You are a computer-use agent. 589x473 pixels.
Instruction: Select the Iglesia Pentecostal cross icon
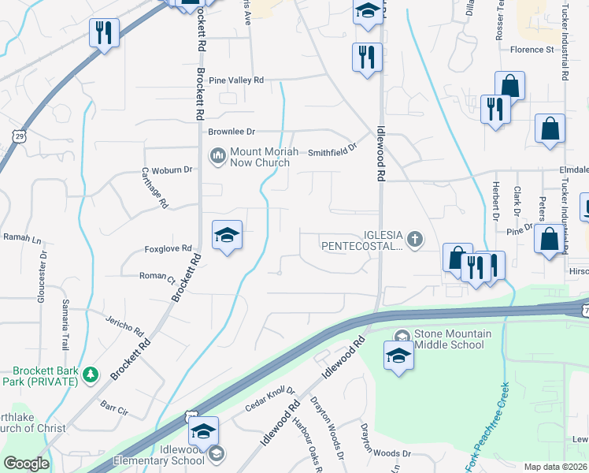coord(416,238)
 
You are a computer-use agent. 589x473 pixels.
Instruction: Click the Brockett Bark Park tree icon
coord(91,372)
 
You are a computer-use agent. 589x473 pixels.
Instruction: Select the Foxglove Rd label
coord(169,248)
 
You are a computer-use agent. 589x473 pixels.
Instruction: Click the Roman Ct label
coord(157,277)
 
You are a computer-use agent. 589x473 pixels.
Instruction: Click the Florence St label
coord(532,50)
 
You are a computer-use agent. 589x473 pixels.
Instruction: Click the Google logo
coord(27,464)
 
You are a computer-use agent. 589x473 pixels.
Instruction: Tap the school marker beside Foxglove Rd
coord(227,236)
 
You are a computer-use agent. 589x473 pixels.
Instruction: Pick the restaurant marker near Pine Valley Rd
coord(366,58)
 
